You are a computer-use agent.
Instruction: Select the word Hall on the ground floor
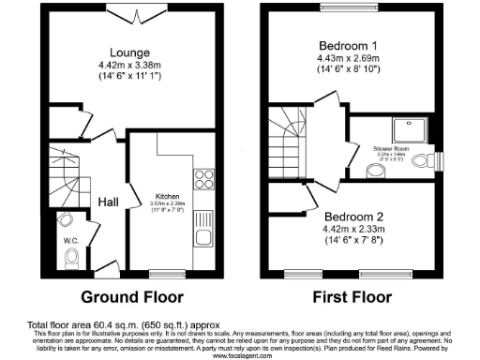click(109, 201)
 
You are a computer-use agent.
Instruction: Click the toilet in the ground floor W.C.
click(65, 221)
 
